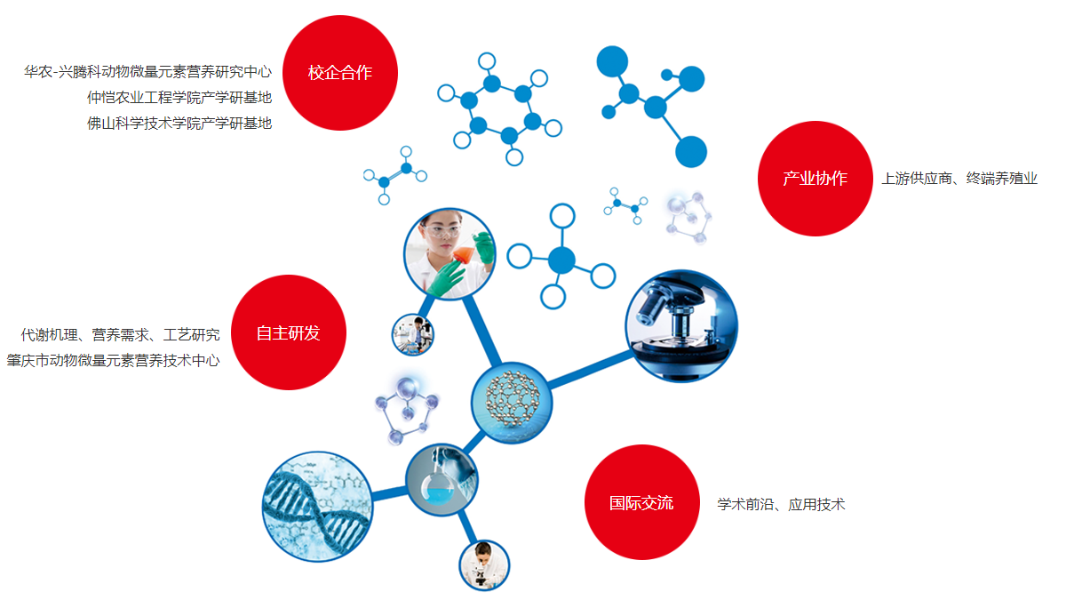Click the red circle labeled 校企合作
pos(340,73)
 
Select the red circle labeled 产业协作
pos(815,179)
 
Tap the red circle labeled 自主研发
pos(289,332)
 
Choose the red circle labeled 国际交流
pos(642,502)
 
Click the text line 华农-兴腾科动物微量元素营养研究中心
pos(148,72)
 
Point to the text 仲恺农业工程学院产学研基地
pos(179,98)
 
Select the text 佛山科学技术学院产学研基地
pos(179,124)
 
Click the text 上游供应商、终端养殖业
pos(959,179)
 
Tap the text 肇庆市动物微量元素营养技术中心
pos(113,360)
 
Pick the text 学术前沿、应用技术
pos(781,504)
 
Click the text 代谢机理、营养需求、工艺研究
pos(120,334)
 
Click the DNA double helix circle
pos(317,507)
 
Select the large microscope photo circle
pos(681,326)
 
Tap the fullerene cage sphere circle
pos(512,403)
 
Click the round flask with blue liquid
pos(437,486)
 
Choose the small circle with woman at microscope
pos(484,565)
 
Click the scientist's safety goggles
pos(442,231)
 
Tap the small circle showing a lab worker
pos(413,334)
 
